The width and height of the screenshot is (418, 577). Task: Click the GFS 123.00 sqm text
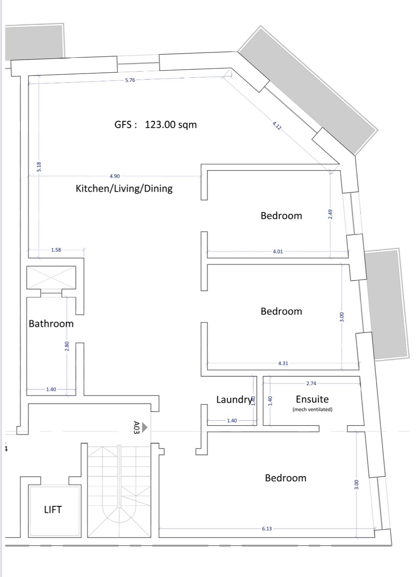(x=155, y=125)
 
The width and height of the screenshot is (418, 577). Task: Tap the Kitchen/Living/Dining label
(x=124, y=188)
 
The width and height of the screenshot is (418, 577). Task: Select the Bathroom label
(x=51, y=323)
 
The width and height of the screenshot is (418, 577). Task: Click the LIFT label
(x=53, y=509)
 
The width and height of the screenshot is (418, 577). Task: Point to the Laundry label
(x=234, y=400)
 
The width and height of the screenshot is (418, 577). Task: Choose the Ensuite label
(x=312, y=399)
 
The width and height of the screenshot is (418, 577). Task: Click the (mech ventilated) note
(x=312, y=409)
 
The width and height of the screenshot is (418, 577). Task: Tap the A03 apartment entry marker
(x=140, y=428)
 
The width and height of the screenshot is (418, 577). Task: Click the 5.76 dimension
(x=130, y=80)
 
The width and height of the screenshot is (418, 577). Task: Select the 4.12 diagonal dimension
(x=277, y=126)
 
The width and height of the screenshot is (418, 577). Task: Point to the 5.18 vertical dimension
(x=39, y=167)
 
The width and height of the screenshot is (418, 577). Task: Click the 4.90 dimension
(x=115, y=176)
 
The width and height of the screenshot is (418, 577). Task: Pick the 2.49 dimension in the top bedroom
(x=330, y=214)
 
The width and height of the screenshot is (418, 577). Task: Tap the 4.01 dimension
(x=278, y=252)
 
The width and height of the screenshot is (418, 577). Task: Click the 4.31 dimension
(x=283, y=363)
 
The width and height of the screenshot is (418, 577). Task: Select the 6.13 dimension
(x=267, y=529)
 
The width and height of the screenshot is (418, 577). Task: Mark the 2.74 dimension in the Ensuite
(x=311, y=383)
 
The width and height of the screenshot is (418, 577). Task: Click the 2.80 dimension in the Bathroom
(x=67, y=346)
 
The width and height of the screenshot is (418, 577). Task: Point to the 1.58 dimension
(x=56, y=250)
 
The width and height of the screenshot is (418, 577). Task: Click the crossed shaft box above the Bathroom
(x=51, y=277)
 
